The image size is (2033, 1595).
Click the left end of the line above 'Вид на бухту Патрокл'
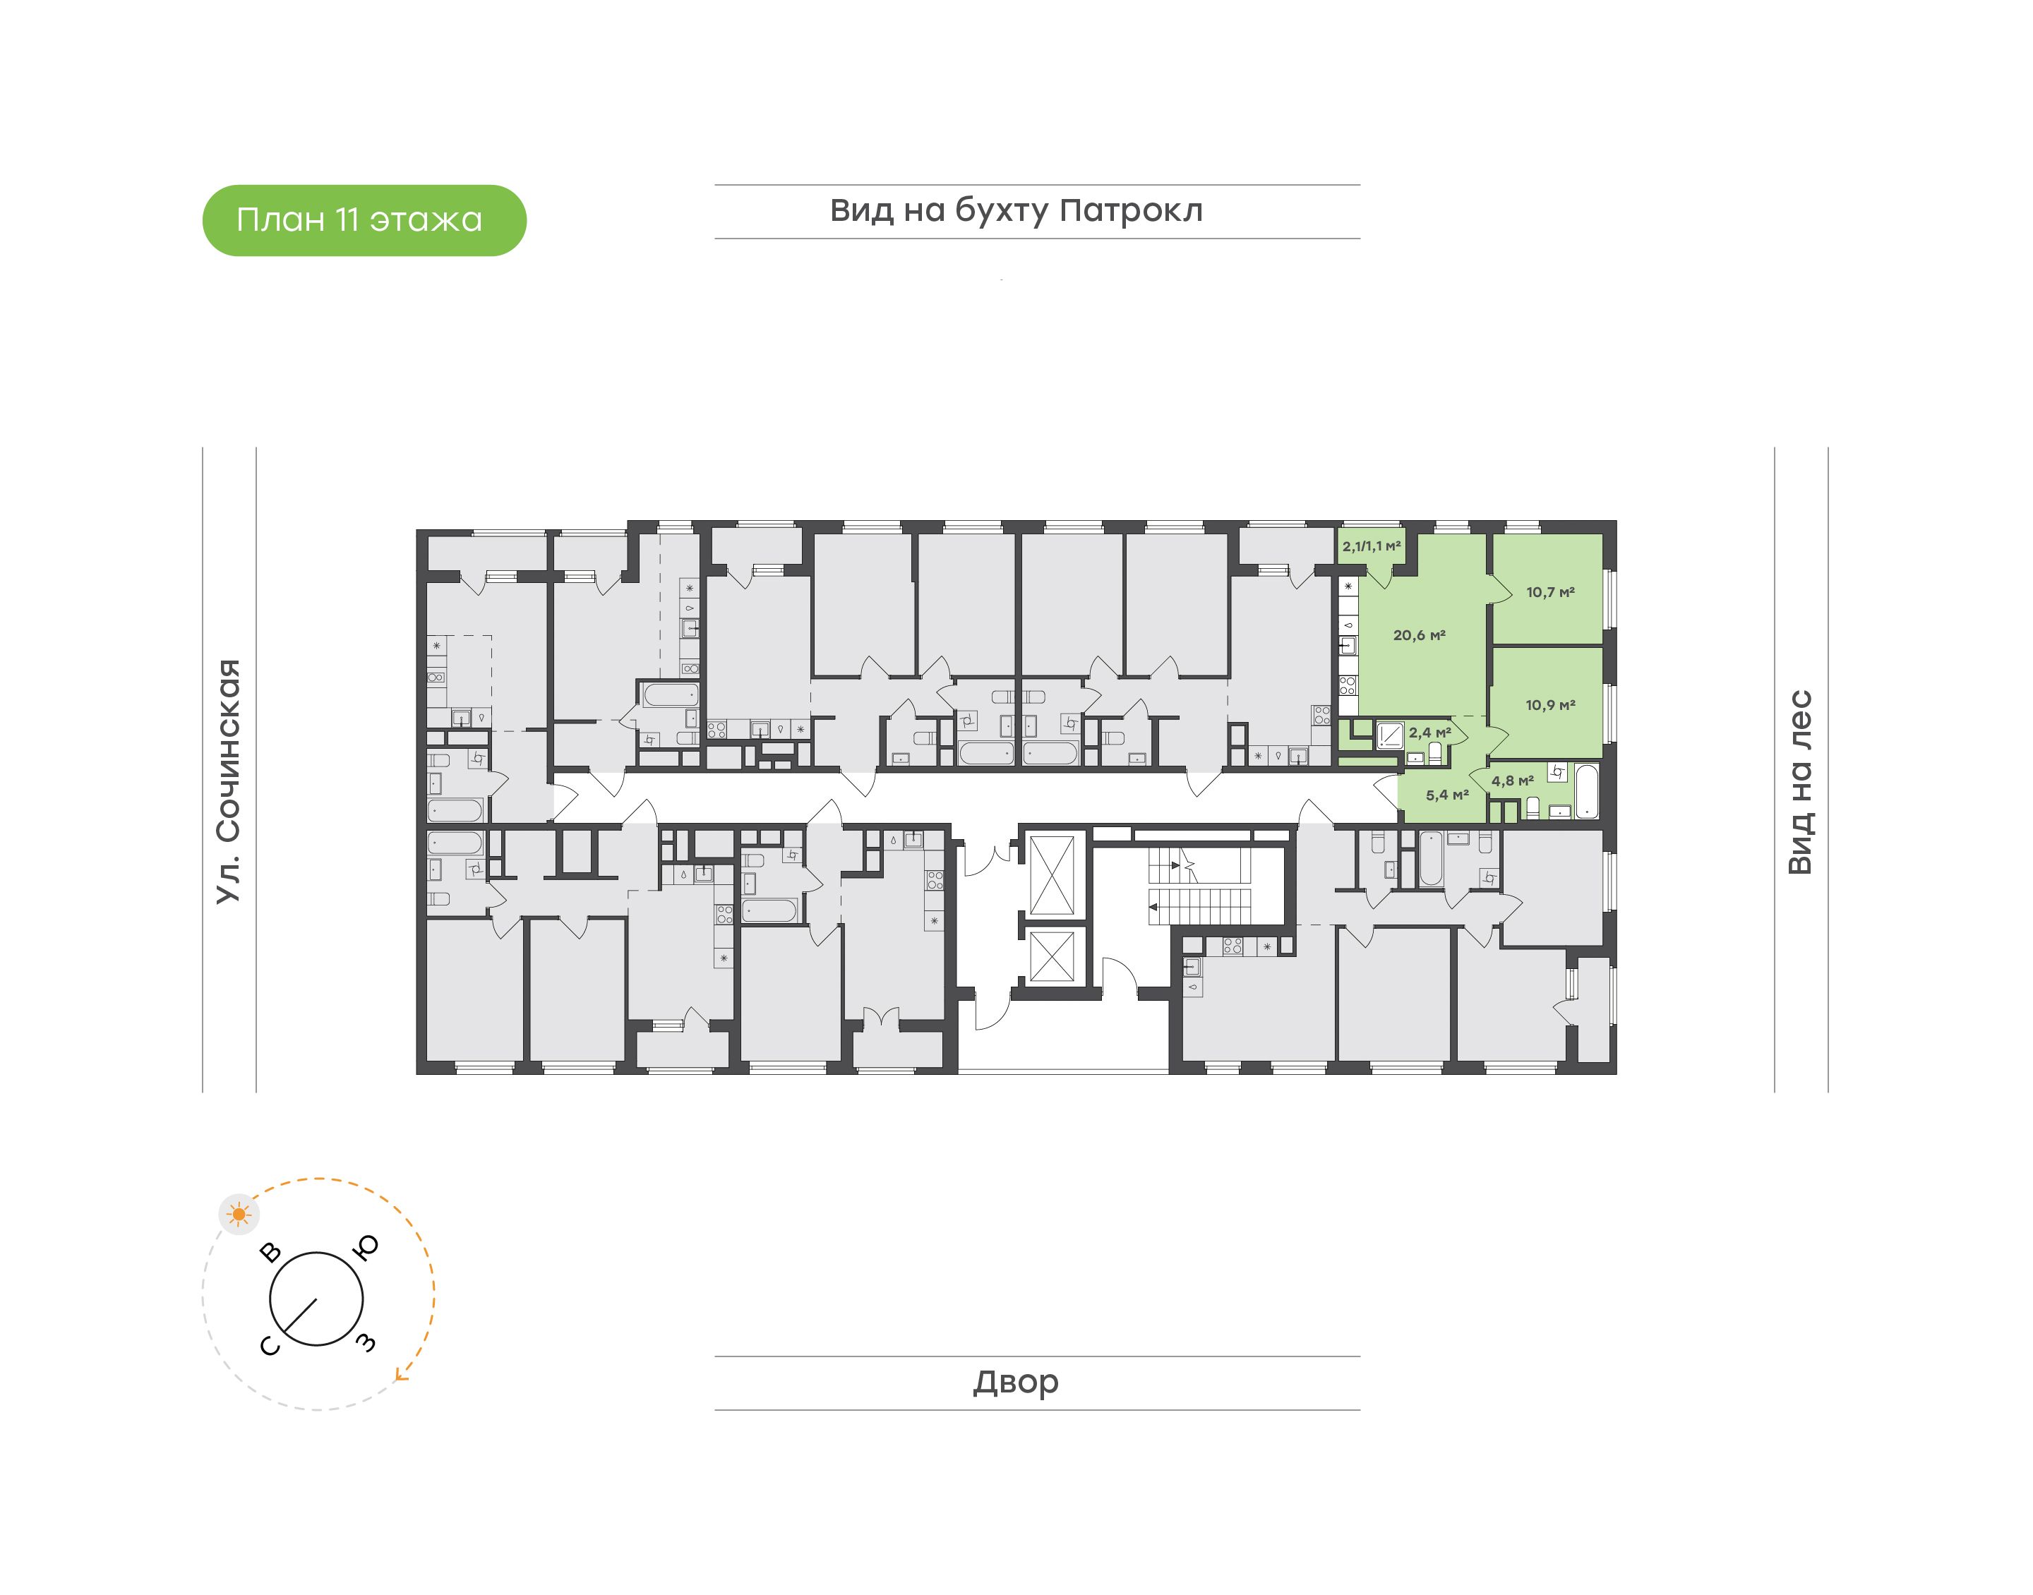click(x=715, y=185)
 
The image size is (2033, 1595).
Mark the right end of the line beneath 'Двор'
click(x=1360, y=1410)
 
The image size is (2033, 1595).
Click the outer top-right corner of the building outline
click(x=1617, y=521)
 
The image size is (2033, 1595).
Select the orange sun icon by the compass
click(x=240, y=1214)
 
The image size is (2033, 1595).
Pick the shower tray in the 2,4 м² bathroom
click(x=1390, y=736)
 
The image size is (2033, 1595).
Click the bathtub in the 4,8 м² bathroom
click(x=1588, y=792)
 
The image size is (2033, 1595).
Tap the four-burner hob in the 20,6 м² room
click(x=1348, y=685)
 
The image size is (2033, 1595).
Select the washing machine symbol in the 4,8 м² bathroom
click(x=1558, y=772)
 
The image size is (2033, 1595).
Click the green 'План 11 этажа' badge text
click(x=359, y=220)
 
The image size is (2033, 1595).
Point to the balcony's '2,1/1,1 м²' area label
click(x=1372, y=546)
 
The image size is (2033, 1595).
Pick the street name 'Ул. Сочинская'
click(x=229, y=781)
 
